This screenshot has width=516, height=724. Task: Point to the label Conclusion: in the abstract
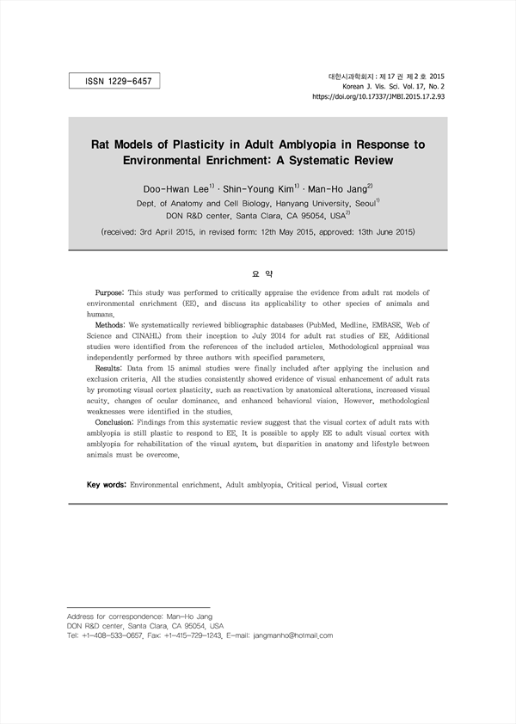(117, 423)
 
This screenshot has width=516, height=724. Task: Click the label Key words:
(107, 485)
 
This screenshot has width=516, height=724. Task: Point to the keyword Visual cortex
(365, 485)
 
